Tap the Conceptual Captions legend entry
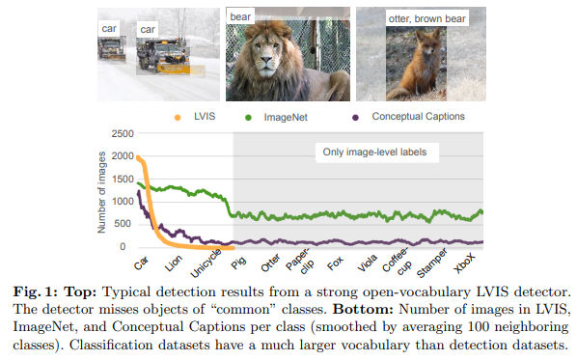[x=417, y=117]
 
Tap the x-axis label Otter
[x=271, y=262]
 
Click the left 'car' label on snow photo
[x=111, y=30]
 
